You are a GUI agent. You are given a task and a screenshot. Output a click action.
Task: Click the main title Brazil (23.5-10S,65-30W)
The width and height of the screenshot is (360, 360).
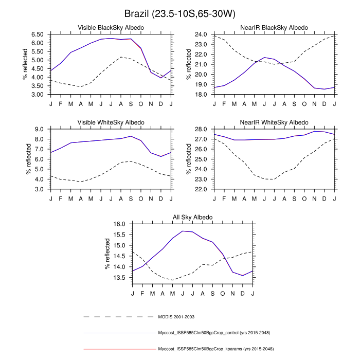pos(180,12)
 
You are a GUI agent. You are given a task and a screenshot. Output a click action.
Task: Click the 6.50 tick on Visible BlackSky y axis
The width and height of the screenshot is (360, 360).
pos(37,34)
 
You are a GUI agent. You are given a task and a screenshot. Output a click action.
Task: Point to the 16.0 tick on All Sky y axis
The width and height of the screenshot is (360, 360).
pos(119,224)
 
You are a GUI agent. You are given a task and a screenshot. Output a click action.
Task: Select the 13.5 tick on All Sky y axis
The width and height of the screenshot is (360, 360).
pos(119,278)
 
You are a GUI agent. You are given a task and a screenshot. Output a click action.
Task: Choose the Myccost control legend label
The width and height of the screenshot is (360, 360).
pos(215,333)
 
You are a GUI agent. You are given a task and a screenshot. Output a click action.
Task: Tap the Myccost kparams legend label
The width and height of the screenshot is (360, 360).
pos(215,349)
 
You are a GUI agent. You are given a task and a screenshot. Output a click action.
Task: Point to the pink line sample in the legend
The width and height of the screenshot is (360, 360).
pos(118,349)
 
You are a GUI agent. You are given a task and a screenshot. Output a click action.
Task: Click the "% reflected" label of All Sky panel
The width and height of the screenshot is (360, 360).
pos(107,254)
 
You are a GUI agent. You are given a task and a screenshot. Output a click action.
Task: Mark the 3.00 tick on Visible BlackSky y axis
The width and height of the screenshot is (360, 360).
pos(37,95)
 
